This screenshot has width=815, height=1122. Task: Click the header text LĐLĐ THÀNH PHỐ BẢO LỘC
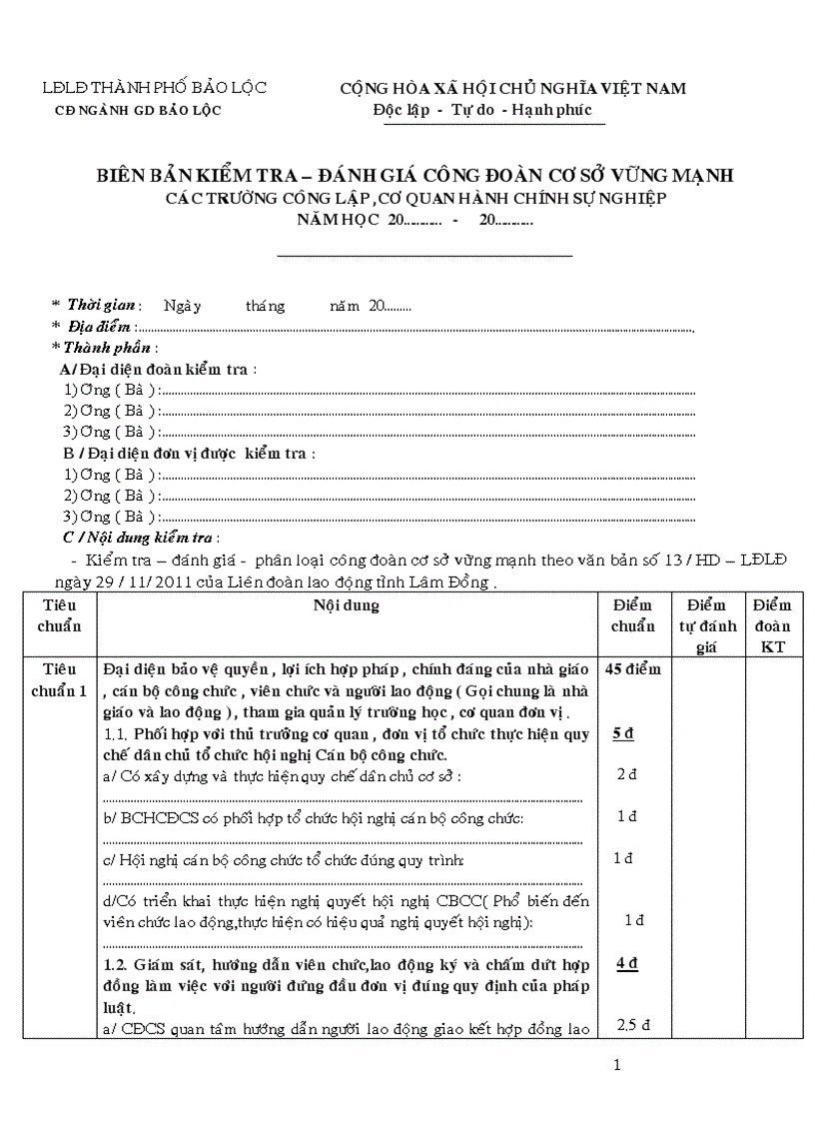coord(154,88)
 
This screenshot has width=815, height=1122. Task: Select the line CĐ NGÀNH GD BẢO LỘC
coord(138,110)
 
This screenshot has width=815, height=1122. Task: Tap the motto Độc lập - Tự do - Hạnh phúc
coord(482,110)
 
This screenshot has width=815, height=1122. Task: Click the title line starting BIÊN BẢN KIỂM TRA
coord(414,175)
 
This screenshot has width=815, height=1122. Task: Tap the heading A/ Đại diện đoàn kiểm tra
coord(158,369)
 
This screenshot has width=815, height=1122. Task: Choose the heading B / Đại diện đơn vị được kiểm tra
coord(188,453)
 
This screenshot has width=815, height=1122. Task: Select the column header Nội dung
coord(347,605)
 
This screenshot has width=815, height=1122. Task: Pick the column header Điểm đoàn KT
coord(772,626)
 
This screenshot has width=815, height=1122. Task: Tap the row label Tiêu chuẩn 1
coord(60,679)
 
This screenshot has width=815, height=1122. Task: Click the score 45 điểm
coord(633,669)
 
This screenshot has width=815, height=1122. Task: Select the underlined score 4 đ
coord(627,963)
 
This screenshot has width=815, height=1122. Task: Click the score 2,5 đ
coord(633,1024)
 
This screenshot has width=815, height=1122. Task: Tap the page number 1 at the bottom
coord(617,1065)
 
